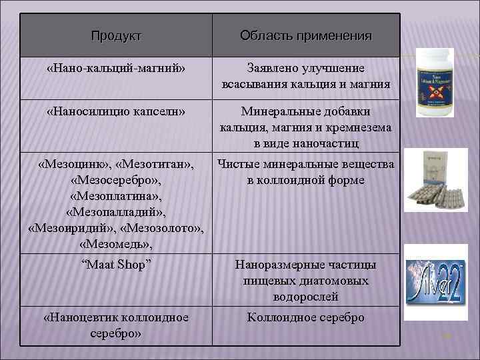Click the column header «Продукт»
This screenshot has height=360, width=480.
[x=116, y=35]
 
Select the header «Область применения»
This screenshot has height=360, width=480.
[x=306, y=35]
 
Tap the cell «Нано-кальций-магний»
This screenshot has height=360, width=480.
[x=116, y=68]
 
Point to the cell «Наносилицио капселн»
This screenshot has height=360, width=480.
[x=116, y=111]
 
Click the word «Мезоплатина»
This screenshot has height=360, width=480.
[x=116, y=197]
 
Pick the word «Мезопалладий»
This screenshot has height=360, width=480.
[x=116, y=213]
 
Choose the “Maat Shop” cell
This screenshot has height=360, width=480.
[x=116, y=264]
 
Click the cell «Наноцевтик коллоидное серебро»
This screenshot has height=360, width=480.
[x=116, y=325]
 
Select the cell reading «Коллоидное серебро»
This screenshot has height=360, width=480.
[x=306, y=317]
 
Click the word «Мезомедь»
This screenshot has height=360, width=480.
[x=116, y=245]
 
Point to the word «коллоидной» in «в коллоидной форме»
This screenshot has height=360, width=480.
[x=307, y=180]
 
